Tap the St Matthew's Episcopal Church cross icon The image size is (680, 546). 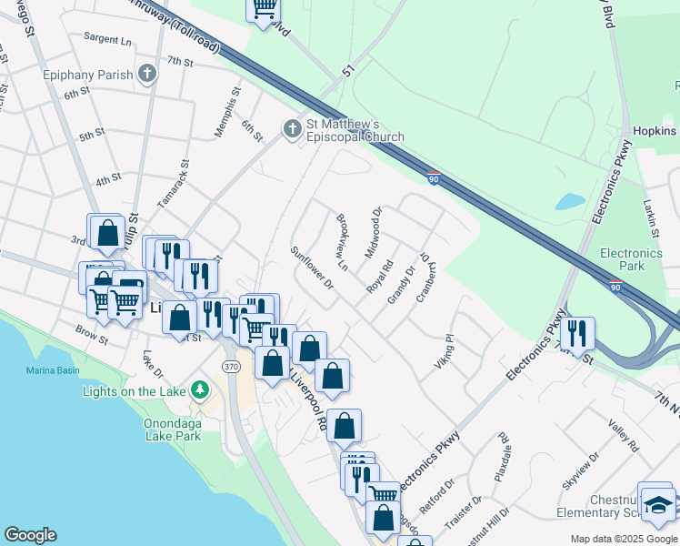pos(293,129)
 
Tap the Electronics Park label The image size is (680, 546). pos(631,259)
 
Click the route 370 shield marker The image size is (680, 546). pos(230,365)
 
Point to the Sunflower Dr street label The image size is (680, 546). pos(313,268)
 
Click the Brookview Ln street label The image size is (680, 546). pos(343,242)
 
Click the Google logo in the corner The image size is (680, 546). pos(30,535)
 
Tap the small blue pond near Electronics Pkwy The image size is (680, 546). pos(570,201)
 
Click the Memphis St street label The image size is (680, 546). pos(227,112)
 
